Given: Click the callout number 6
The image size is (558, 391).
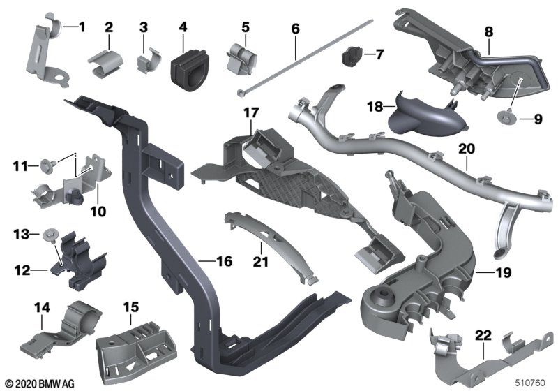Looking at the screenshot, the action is click(295, 29).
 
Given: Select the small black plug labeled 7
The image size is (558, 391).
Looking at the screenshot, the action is click(352, 57).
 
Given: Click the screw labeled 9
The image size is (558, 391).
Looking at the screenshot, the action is click(505, 117).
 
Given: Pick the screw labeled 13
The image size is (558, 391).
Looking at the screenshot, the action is click(49, 235).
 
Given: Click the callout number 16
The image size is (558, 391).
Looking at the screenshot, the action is click(225, 261).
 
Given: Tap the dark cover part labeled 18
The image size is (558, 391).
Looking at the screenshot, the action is click(425, 116).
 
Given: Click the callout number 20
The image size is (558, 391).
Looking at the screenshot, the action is click(467, 149).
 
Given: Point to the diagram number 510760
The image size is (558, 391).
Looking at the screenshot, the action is click(530, 383).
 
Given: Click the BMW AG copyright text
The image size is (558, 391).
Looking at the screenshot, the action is click(40, 384).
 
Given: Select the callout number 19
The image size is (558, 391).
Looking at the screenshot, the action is click(503, 273).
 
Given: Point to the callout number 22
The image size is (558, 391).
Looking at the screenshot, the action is click(483, 335).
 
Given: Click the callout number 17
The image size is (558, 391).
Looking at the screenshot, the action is click(251, 113).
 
